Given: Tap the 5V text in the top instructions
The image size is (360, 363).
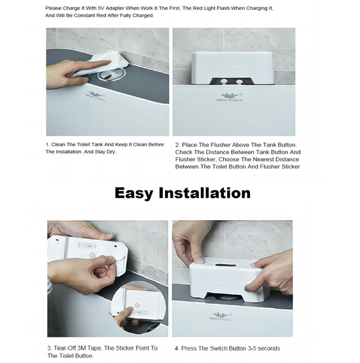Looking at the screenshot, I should tap(100, 8).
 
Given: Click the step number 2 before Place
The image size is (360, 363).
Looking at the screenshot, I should tap(177, 144).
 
